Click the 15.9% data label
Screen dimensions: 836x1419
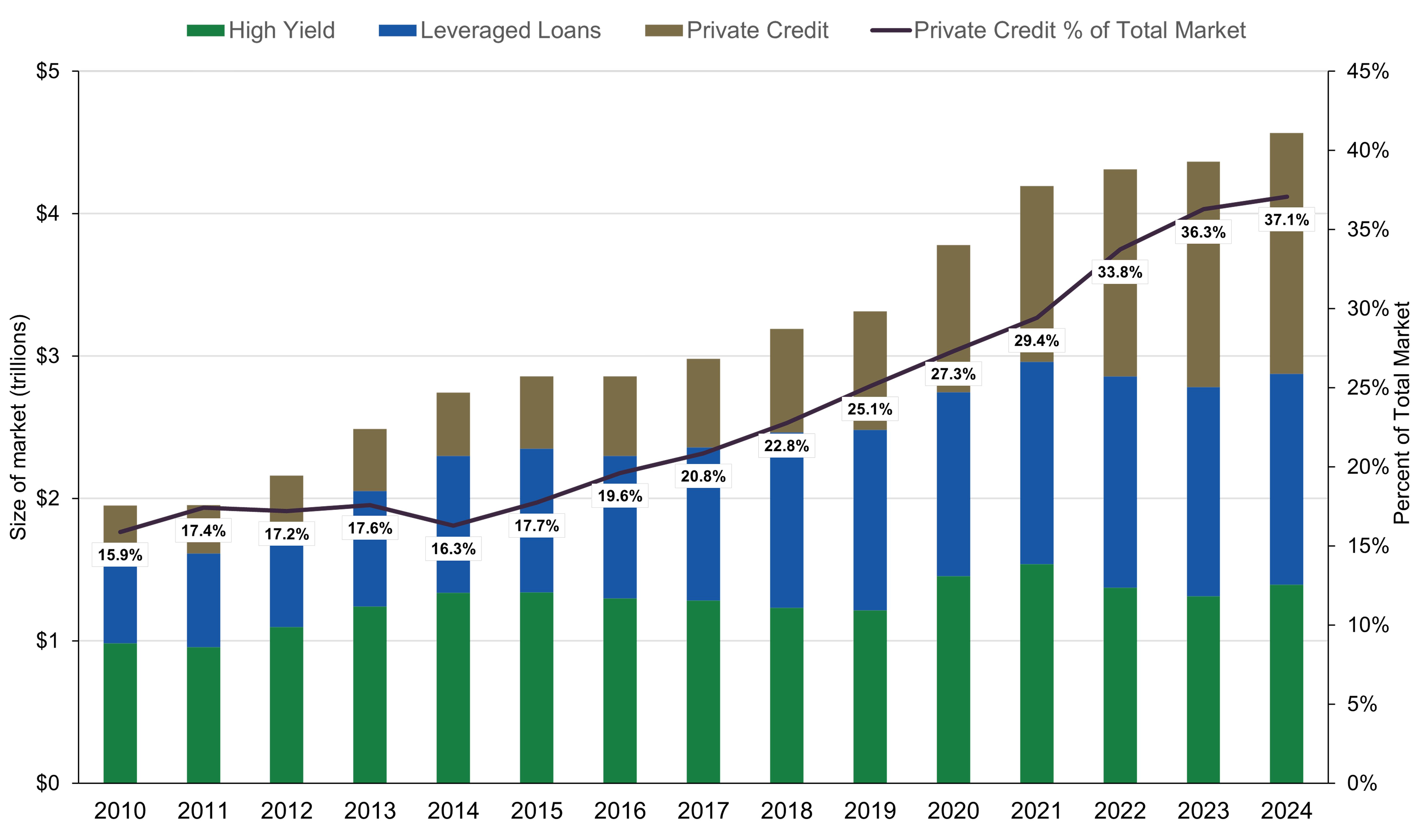coord(120,555)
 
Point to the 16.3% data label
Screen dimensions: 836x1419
coord(453,549)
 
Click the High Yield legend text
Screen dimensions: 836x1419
coord(282,30)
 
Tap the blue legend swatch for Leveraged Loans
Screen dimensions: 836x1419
coord(397,30)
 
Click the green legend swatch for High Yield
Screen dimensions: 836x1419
coord(206,30)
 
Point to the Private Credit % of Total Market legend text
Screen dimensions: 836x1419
coord(1079,30)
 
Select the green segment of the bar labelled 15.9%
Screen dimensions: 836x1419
coord(120,713)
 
